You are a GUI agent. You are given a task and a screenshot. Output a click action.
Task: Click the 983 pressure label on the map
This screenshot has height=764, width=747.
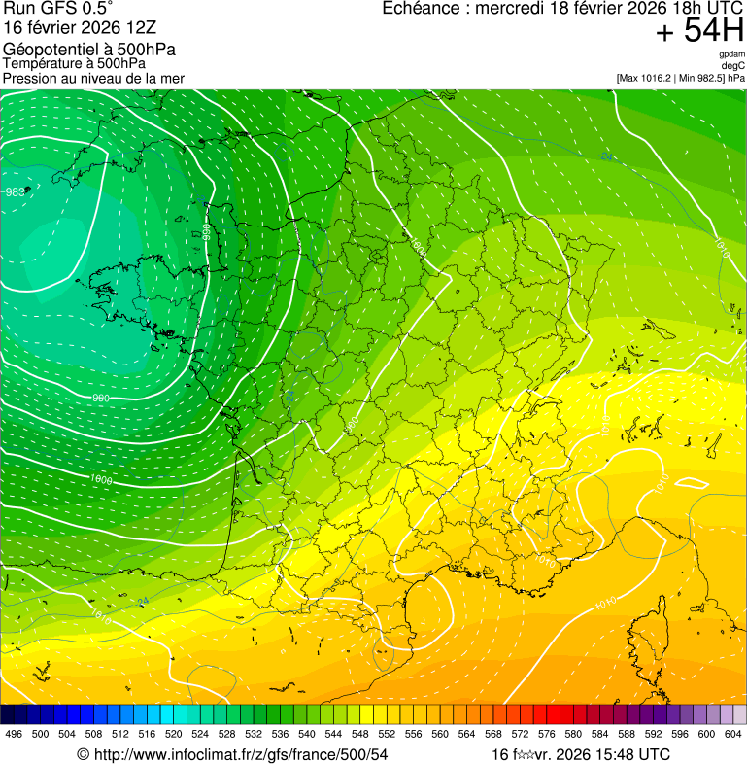pyautogui.click(x=15, y=191)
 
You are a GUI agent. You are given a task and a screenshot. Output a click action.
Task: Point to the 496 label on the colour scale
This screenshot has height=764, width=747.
pyautogui.click(x=14, y=734)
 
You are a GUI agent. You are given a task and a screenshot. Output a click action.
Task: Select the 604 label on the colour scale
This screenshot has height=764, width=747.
pyautogui.click(x=732, y=734)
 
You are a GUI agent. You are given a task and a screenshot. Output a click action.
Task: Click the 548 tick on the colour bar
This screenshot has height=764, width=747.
pyautogui.click(x=359, y=734)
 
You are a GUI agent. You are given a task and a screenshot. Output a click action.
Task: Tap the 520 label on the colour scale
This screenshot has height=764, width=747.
pyautogui.click(x=174, y=734)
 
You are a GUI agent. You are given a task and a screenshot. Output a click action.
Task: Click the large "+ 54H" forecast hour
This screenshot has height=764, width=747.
pyautogui.click(x=699, y=31)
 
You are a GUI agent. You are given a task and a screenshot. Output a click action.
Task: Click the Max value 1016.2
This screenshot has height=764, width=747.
pyautogui.click(x=661, y=77)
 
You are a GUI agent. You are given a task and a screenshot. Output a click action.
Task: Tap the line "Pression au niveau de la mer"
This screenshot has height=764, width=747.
pyautogui.click(x=93, y=78)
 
